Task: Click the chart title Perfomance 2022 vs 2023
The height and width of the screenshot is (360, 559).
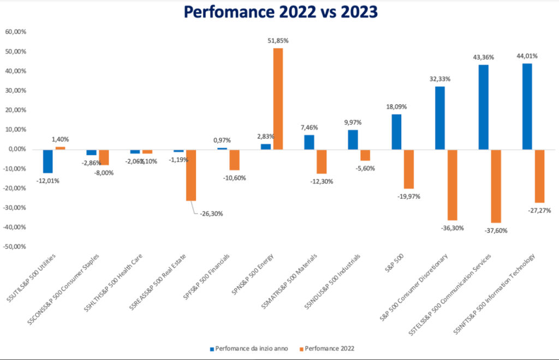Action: pyautogui.click(x=279, y=11)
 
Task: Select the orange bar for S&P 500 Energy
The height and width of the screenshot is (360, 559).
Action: pyautogui.click(x=278, y=98)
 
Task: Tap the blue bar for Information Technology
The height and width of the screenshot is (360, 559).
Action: pyautogui.click(x=527, y=107)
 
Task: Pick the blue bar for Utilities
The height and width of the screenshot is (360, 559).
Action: pyautogui.click(x=48, y=161)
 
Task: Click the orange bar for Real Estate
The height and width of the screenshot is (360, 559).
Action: pyautogui.click(x=191, y=175)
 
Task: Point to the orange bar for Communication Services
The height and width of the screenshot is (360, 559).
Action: pyautogui.click(x=496, y=186)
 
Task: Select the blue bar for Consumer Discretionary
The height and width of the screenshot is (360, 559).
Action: pyautogui.click(x=440, y=118)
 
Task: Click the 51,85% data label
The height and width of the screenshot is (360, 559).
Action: pyautogui.click(x=278, y=40)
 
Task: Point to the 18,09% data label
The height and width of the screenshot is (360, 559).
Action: pyautogui.click(x=396, y=107)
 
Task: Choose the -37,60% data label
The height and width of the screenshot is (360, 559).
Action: pyautogui.click(x=496, y=231)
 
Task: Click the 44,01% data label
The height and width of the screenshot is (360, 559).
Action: pyautogui.click(x=527, y=56)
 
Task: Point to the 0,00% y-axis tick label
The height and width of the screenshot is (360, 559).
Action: pyautogui.click(x=16, y=149)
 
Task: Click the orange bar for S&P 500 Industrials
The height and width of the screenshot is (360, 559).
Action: pyautogui.click(x=365, y=155)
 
